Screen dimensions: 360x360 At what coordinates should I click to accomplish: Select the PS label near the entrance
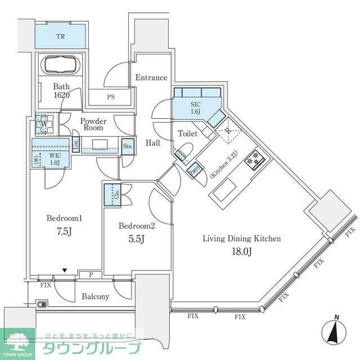111,97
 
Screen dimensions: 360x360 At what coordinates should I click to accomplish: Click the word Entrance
151,78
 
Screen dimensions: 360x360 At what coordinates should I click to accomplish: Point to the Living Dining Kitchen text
241,239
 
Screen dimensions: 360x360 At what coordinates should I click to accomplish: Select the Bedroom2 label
136,226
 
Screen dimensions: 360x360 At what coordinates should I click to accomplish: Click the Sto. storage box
128,147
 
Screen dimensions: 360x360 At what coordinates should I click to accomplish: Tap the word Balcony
96,296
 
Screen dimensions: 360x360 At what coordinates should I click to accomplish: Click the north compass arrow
335,331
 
